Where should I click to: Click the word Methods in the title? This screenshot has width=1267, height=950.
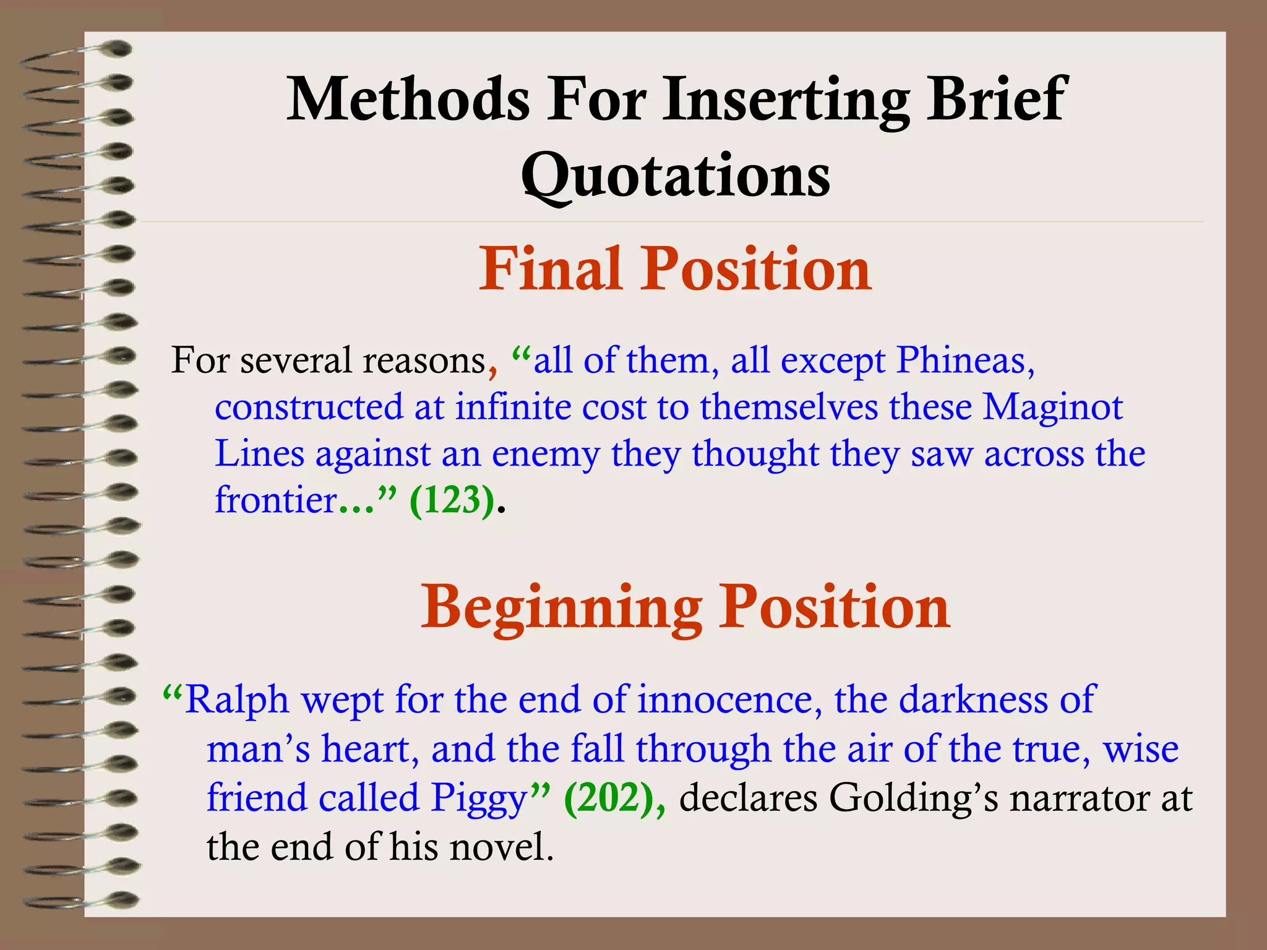(x=408, y=99)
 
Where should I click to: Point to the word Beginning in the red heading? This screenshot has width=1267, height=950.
(x=562, y=607)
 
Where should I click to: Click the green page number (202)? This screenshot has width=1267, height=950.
(x=612, y=798)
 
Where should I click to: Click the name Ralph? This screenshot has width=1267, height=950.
(x=236, y=700)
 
